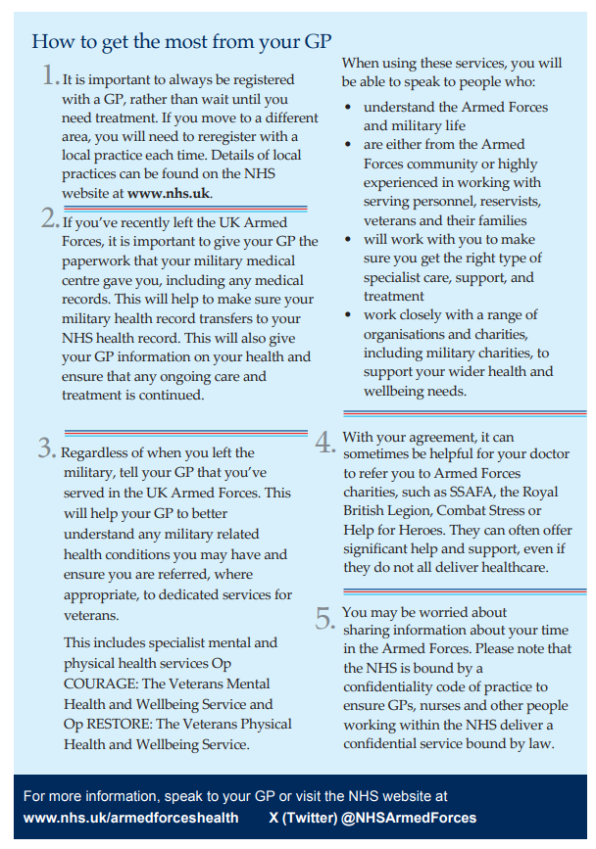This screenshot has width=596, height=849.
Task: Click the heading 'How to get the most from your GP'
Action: pyautogui.click(x=181, y=41)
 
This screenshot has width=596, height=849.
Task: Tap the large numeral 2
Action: pyautogui.click(x=50, y=220)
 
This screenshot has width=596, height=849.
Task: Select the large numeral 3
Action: pyautogui.click(x=47, y=448)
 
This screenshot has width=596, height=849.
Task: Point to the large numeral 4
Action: pyautogui.click(x=325, y=443)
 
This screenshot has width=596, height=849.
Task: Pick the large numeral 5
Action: pyautogui.click(x=325, y=618)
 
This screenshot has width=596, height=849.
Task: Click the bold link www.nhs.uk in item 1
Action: pyautogui.click(x=169, y=193)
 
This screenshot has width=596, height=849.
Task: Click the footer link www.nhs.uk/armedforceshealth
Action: pyautogui.click(x=132, y=818)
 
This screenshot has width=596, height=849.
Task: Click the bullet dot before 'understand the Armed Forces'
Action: pyautogui.click(x=349, y=107)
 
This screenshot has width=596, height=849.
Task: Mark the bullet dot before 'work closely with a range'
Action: pyautogui.click(x=349, y=314)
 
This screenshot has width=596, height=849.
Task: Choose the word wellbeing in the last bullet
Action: pyautogui.click(x=394, y=391)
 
